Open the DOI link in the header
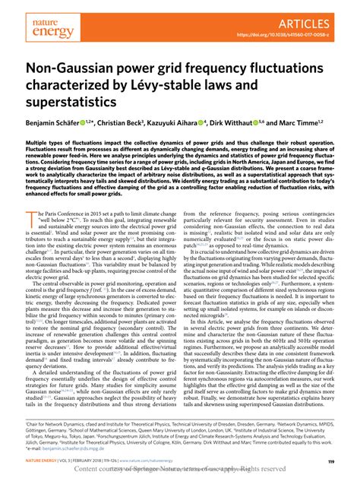pos(295,34)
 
